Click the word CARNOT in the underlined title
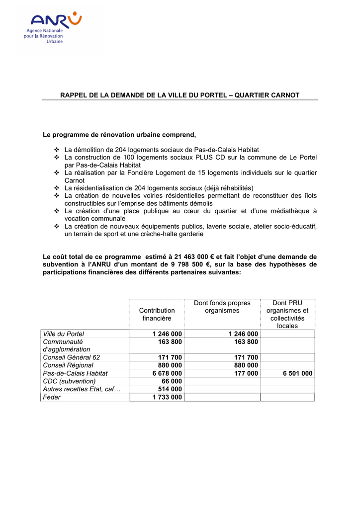(x=284, y=95)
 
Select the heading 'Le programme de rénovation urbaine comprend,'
(x=120, y=135)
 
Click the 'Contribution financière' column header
(x=157, y=314)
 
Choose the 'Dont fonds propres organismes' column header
(x=222, y=307)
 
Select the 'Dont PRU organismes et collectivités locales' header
(x=287, y=314)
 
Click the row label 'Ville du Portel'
(x=64, y=334)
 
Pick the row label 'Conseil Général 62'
(x=72, y=357)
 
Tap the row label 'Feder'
(x=52, y=397)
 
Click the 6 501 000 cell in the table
(x=297, y=373)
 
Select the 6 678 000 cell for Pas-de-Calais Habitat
(x=167, y=373)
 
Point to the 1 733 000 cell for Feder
(x=167, y=397)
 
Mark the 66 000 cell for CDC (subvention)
(x=172, y=381)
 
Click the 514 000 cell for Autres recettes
(x=170, y=389)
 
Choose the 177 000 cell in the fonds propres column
(x=246, y=373)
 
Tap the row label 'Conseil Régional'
(x=68, y=365)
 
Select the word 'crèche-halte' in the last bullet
(x=149, y=234)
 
